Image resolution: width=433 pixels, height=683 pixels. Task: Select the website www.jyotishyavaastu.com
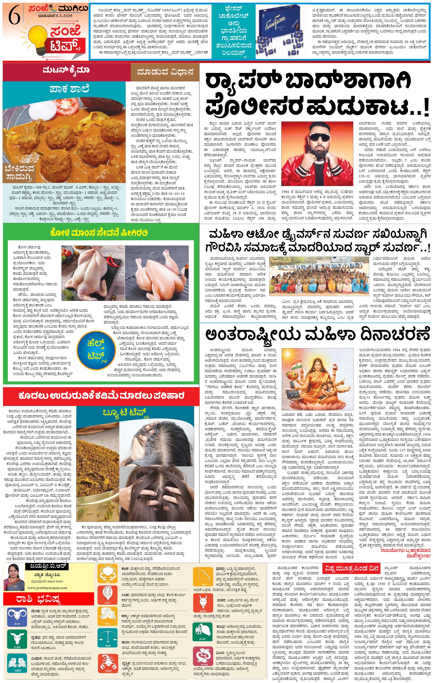click(47, 588)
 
